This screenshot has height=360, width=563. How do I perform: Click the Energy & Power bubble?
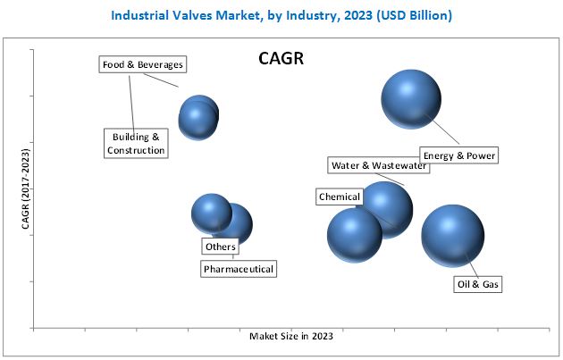point(411,99)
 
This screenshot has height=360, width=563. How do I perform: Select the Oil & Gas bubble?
point(452,235)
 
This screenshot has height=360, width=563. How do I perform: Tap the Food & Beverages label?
point(142,64)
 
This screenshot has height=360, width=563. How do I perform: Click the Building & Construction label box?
point(137,143)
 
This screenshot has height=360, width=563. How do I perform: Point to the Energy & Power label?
point(459,156)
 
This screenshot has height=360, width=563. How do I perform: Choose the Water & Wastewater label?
point(378,165)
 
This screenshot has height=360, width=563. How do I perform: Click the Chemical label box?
point(339,197)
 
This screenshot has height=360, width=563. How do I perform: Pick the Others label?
point(220,247)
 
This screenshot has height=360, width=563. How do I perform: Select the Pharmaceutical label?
point(239,268)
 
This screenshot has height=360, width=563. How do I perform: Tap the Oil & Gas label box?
point(478,284)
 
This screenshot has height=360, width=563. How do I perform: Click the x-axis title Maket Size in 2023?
point(291,336)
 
